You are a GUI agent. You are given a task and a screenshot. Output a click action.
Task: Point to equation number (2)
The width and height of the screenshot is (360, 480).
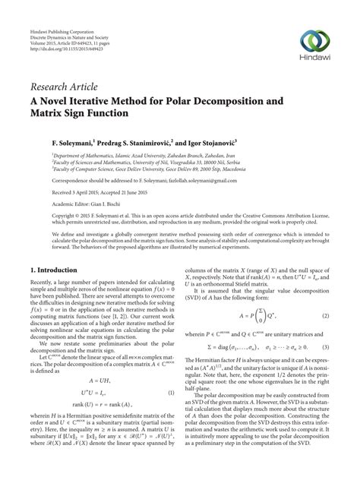pyautogui.click(x=324, y=293)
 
